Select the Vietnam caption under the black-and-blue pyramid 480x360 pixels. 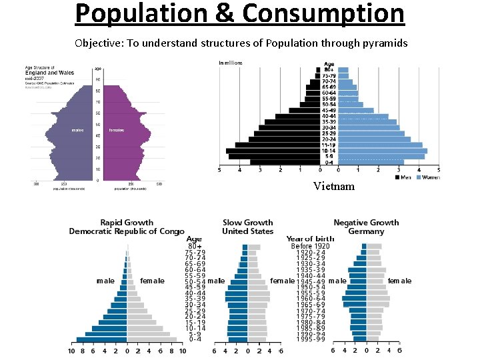click(x=334, y=186)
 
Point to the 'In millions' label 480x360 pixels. click(x=231, y=63)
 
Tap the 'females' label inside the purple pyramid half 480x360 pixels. click(x=117, y=130)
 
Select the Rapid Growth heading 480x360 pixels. click(x=127, y=223)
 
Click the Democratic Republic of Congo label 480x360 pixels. click(x=127, y=231)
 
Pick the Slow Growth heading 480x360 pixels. click(x=248, y=223)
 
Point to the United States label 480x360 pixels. click(x=248, y=231)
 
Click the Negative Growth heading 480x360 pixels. click(x=366, y=223)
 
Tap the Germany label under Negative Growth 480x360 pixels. click(x=366, y=231)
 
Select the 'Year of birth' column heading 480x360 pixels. click(x=310, y=239)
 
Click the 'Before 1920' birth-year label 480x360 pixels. click(x=310, y=246)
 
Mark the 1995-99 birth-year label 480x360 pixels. click(x=310, y=339)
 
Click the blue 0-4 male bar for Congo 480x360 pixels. click(x=101, y=339)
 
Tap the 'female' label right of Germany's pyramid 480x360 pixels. click(x=399, y=281)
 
